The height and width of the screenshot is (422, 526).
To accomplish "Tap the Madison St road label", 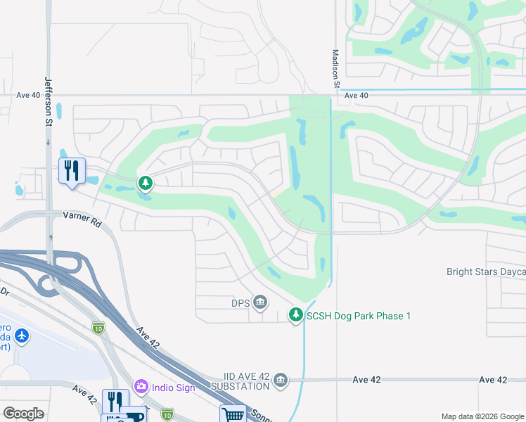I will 336,69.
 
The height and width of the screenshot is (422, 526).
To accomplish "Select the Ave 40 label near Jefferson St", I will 29,96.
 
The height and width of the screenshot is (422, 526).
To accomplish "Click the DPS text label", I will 241,303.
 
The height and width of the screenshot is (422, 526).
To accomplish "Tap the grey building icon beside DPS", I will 260,302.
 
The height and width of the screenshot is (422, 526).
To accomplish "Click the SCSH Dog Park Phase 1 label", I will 358,316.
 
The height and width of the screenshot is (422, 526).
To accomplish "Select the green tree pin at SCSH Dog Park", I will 297,314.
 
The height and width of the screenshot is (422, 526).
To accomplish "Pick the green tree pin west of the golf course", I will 146,184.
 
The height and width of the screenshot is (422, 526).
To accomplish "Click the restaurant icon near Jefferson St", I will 72,171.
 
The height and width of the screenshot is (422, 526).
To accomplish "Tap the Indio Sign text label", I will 173,386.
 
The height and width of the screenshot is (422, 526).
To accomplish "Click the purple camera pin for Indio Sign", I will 141,385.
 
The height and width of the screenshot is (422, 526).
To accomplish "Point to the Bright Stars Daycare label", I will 486,271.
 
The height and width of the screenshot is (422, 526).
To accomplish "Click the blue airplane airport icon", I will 22,335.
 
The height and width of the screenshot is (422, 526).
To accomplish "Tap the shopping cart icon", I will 233,414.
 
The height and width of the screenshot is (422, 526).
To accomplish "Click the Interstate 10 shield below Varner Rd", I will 98,327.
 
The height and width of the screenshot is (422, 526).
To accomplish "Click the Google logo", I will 23,414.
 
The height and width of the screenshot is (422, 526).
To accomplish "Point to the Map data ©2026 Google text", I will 481,416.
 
